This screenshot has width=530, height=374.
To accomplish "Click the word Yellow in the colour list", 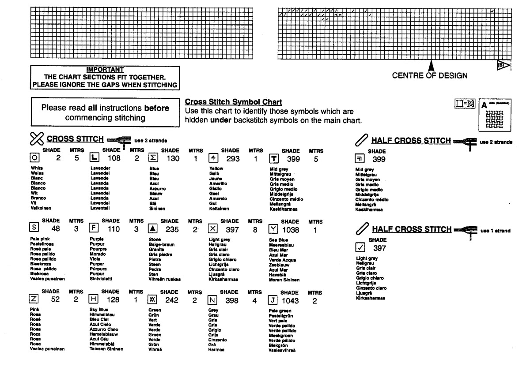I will [x=216, y=168].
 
